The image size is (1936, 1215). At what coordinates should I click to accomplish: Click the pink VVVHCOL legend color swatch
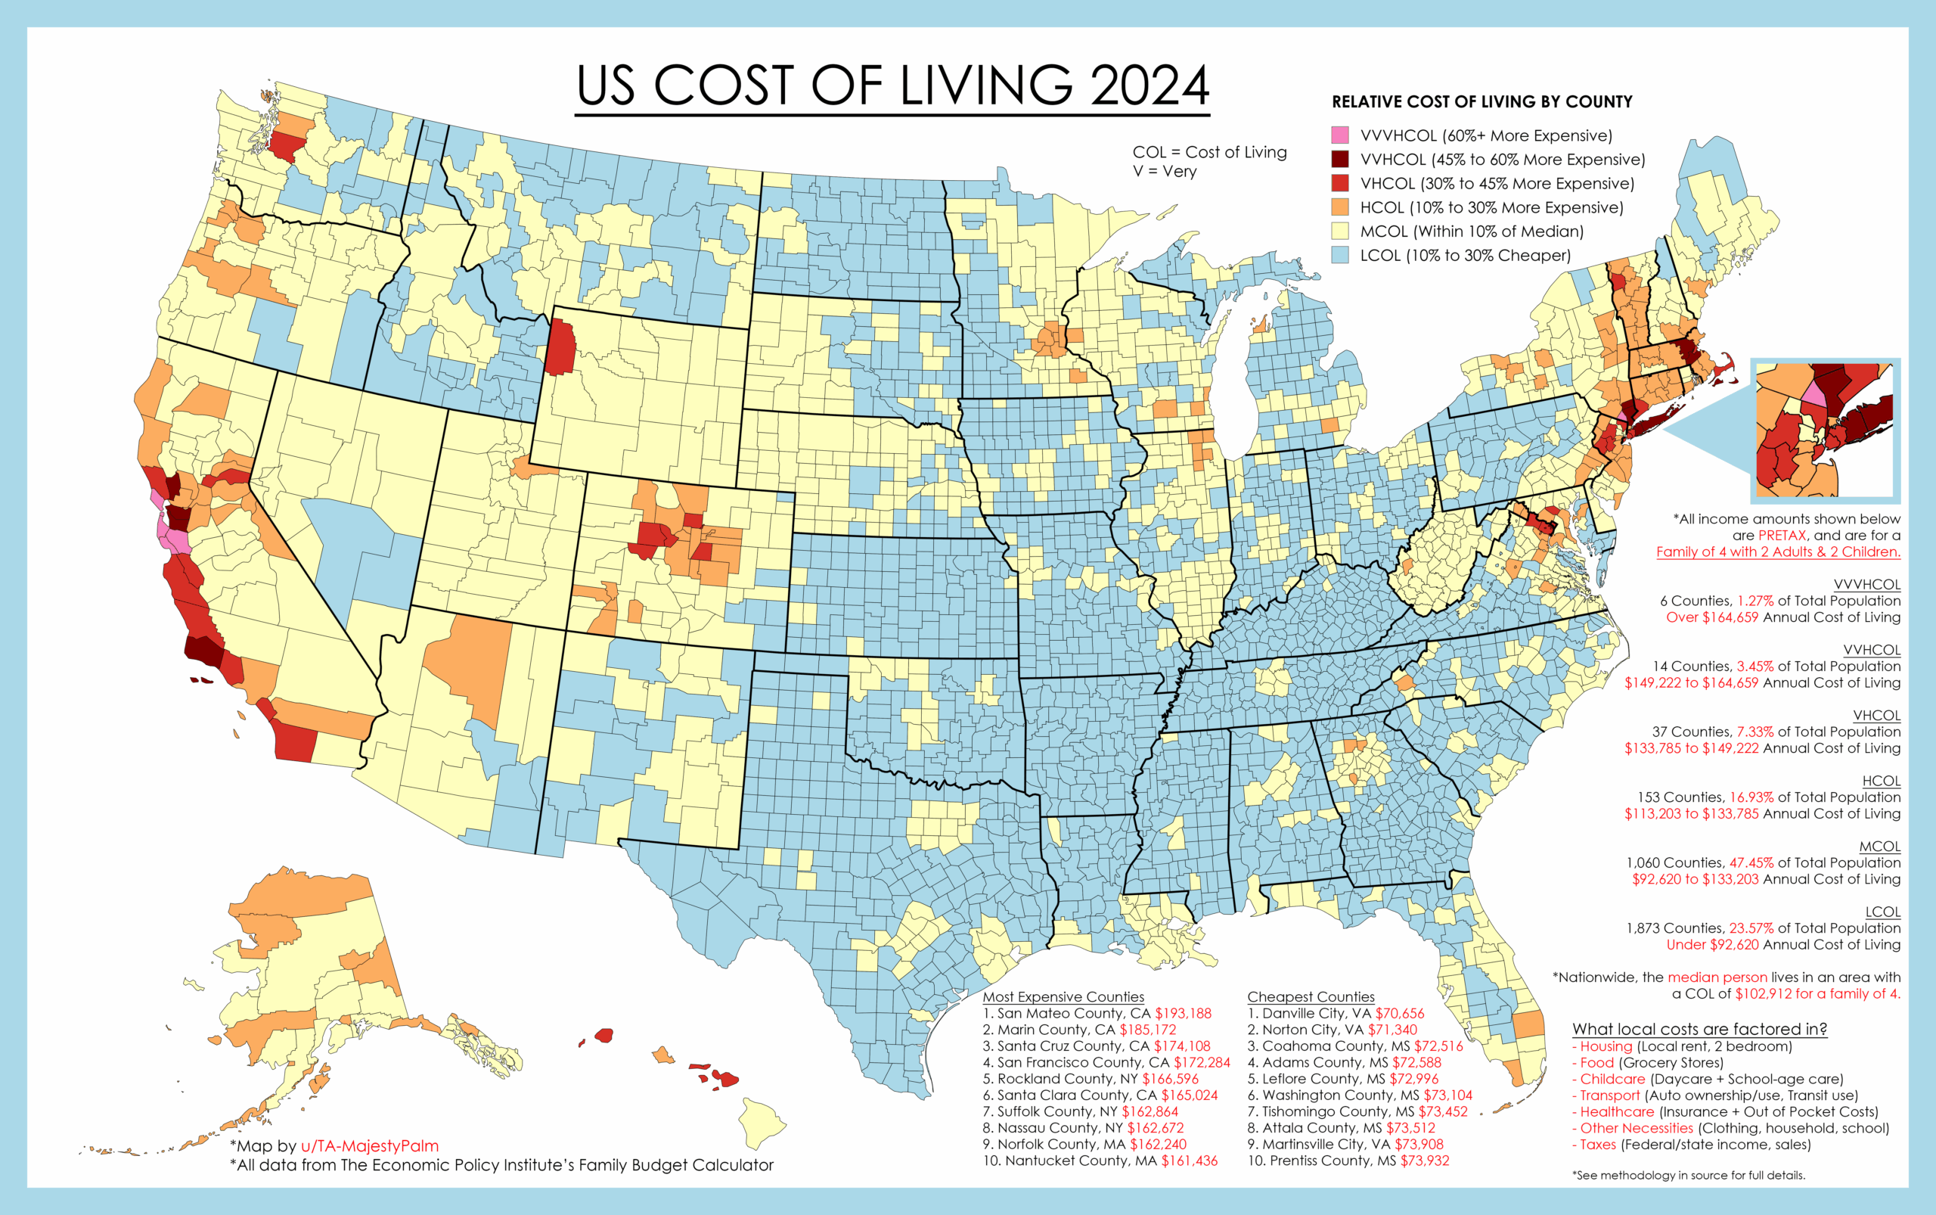pos(1340,135)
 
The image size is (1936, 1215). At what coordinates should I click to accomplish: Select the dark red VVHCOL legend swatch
pos(1340,159)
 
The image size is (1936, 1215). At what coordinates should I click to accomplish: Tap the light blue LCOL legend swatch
pos(1340,256)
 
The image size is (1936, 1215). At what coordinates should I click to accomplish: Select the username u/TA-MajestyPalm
pos(370,1146)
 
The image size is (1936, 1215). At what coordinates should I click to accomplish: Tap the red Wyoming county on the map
pos(560,347)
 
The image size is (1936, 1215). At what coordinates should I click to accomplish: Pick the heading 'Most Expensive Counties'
pos(1063,996)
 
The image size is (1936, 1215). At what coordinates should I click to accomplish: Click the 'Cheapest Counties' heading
pos(1311,996)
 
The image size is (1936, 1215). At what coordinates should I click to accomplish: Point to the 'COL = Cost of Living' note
pos(1209,152)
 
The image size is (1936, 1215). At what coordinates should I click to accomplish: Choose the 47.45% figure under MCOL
pos(1751,862)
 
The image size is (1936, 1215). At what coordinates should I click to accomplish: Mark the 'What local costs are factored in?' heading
pos(1699,1029)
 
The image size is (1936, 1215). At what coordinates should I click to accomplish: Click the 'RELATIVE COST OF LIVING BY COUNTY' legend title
pos(1482,102)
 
